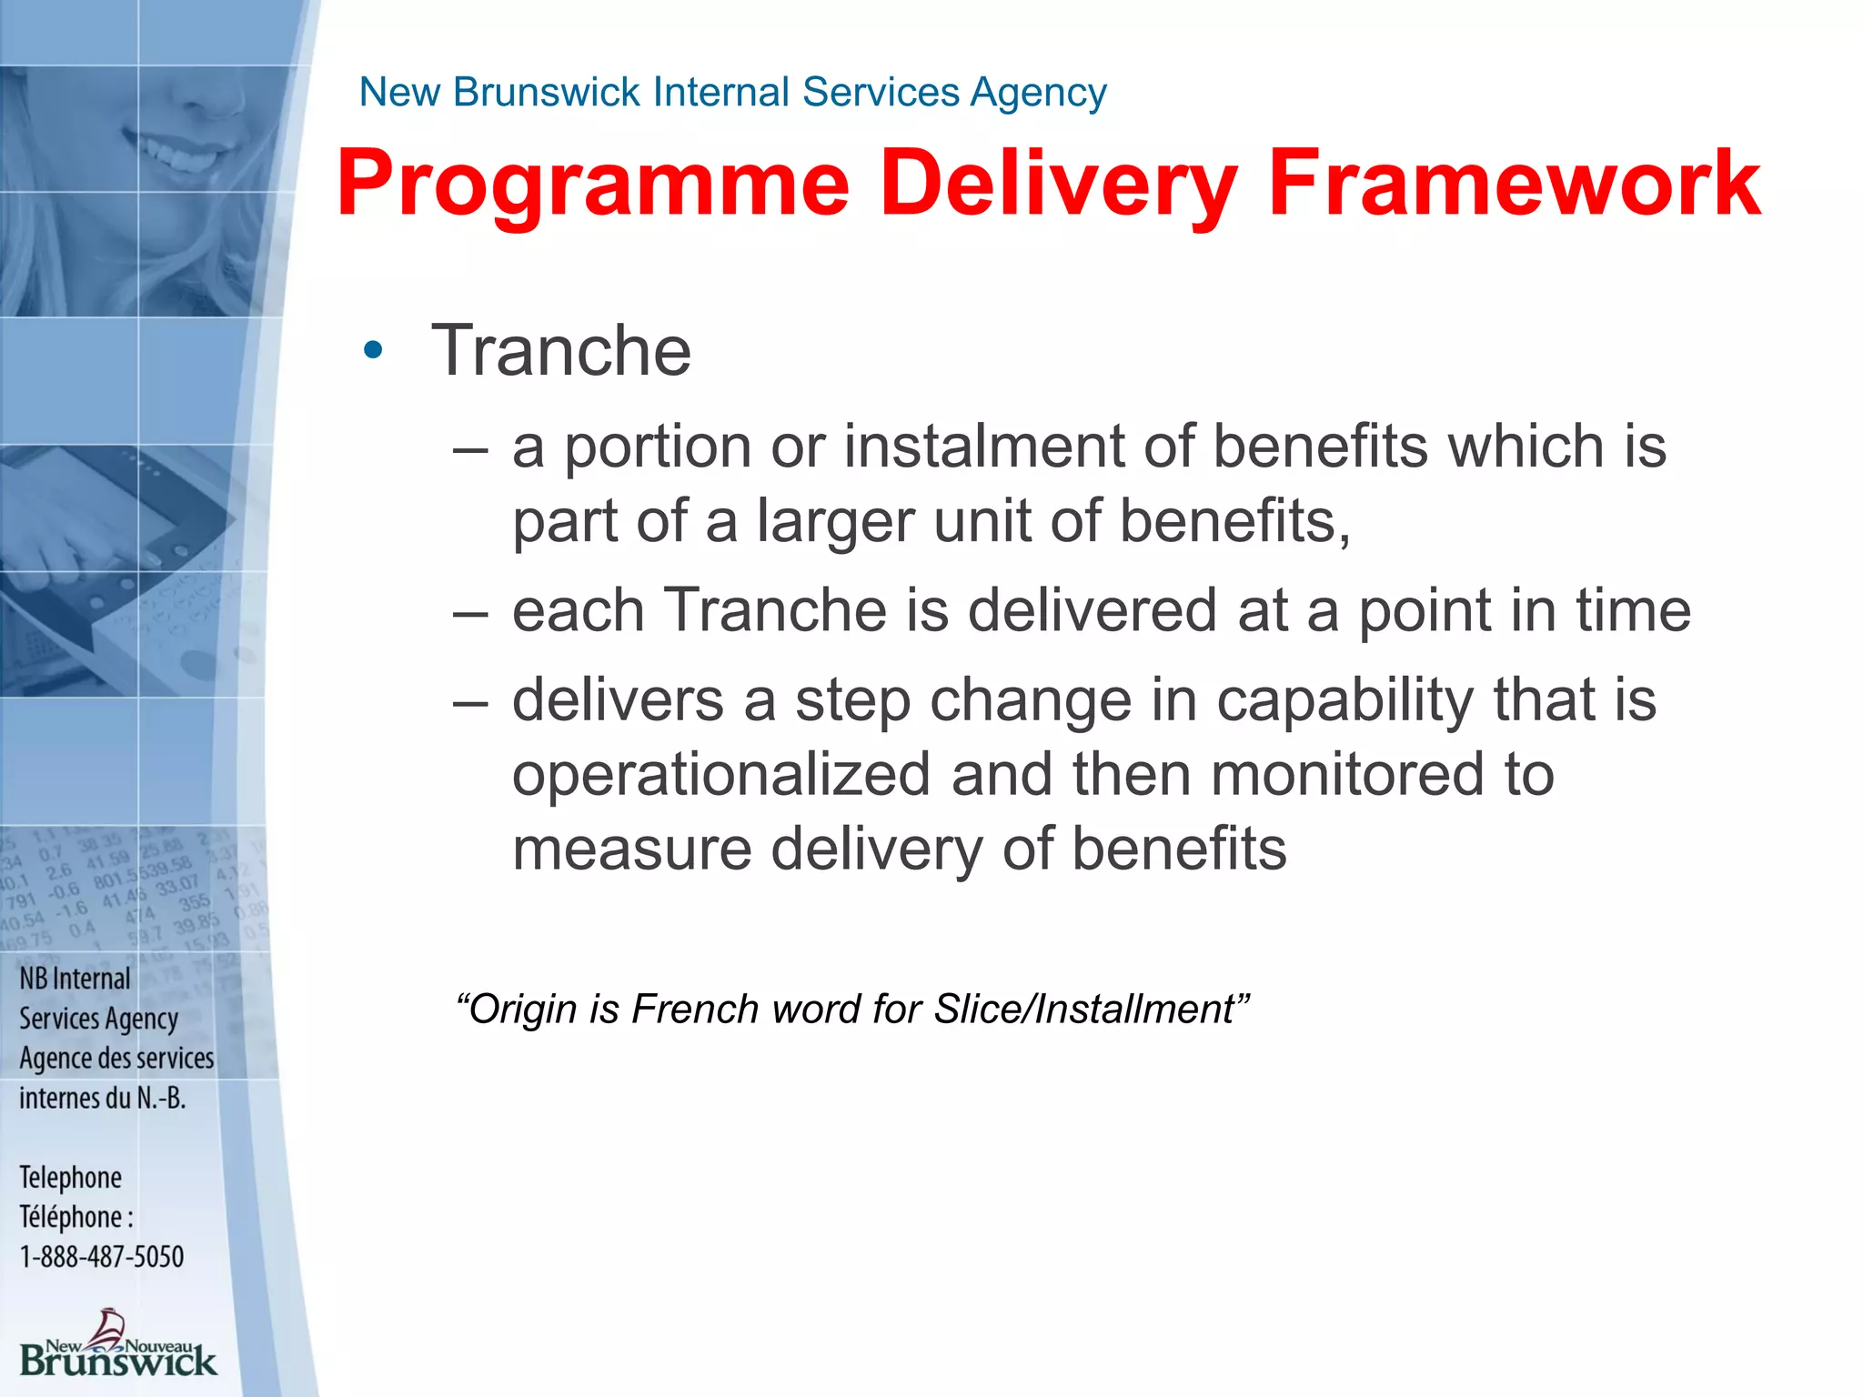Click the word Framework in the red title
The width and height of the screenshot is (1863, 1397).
tap(1514, 186)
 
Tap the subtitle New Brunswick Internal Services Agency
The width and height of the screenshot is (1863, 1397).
tap(732, 92)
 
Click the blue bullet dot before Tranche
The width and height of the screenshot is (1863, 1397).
tap(373, 350)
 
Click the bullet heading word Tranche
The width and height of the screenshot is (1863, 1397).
tap(561, 350)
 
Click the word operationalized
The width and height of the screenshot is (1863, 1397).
tap(721, 775)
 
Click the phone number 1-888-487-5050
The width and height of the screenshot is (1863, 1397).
tap(102, 1257)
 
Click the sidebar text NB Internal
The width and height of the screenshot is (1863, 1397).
tap(75, 979)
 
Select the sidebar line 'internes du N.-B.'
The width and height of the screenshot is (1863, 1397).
tap(102, 1099)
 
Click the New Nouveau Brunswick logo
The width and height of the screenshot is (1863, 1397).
tap(117, 1346)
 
